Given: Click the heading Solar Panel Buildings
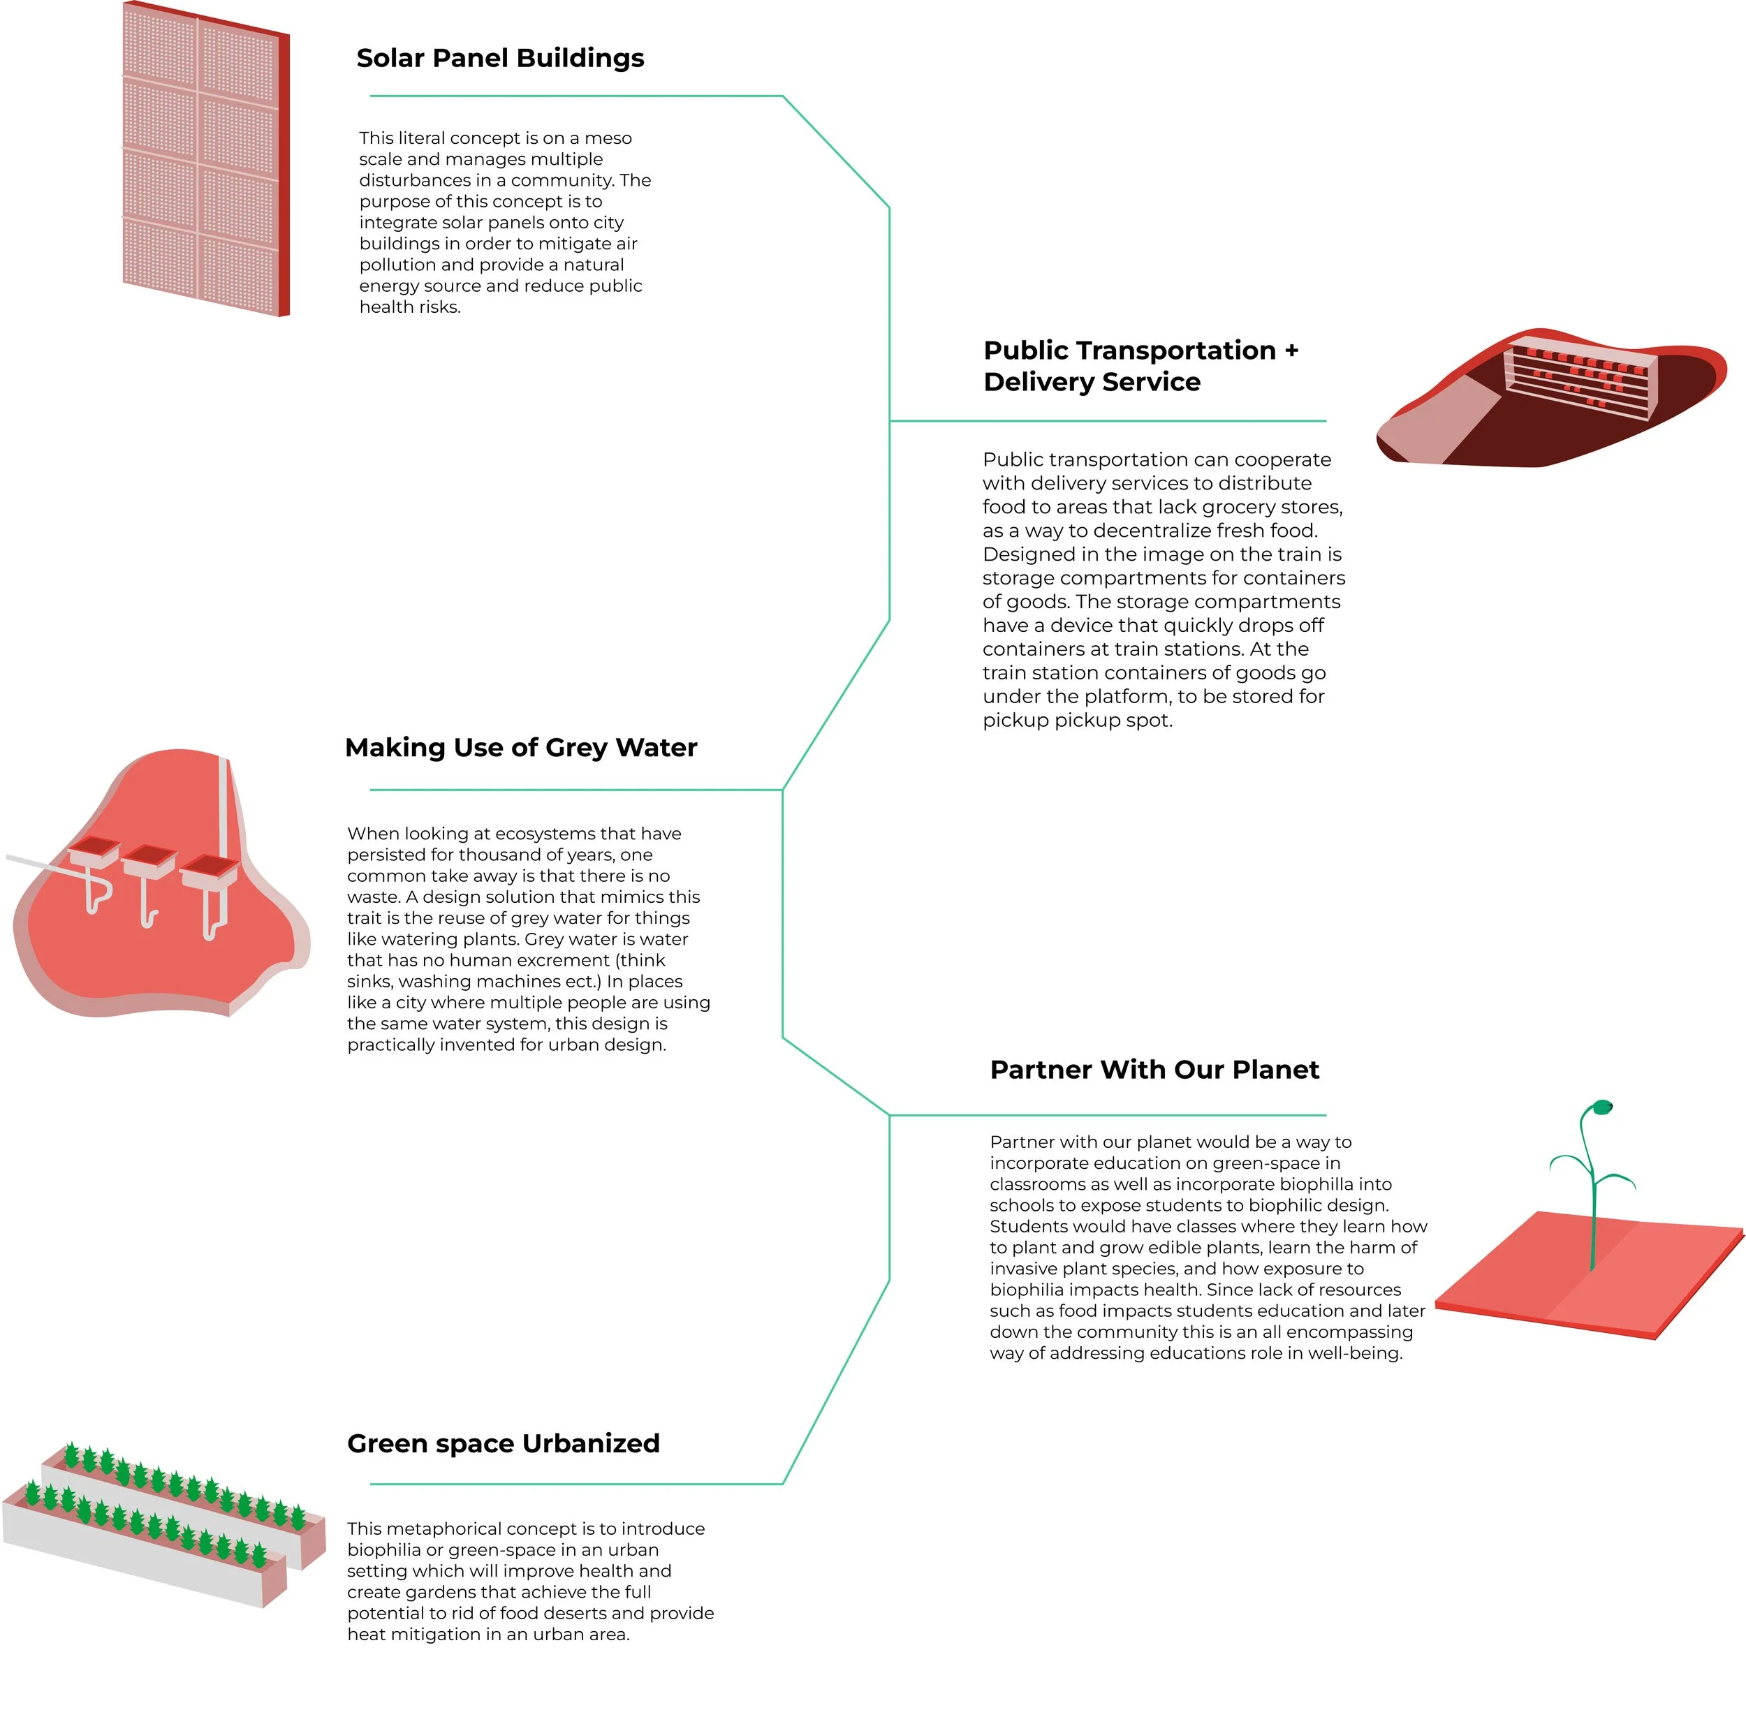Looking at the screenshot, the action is [x=499, y=59].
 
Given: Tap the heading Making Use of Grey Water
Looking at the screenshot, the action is [x=520, y=747].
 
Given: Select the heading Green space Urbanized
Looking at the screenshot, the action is [x=503, y=1443].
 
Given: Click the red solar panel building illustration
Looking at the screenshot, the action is [x=205, y=159].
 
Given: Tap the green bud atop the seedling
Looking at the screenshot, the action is [x=1601, y=1107].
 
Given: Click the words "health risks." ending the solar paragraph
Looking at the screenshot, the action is [x=409, y=307].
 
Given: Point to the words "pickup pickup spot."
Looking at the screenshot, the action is [x=1077, y=721].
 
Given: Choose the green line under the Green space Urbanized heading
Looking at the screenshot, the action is [x=575, y=1484].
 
